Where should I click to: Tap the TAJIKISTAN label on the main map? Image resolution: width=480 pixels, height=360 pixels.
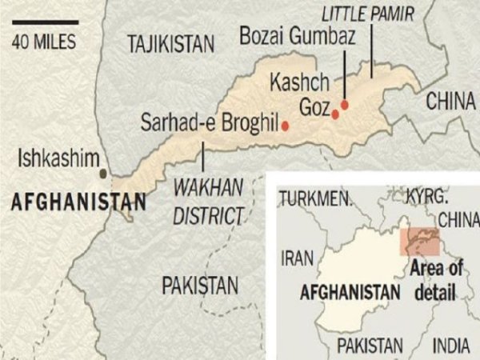coord(171,45)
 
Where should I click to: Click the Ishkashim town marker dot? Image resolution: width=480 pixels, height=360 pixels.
coord(103,173)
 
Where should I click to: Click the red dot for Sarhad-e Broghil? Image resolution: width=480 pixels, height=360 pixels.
coord(284,126)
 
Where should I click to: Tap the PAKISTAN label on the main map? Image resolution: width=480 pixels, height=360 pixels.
coord(200,285)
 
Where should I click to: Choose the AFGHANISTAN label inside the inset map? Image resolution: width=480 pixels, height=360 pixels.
coord(350,292)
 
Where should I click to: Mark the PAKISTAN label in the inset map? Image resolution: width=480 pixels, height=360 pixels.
coord(370,345)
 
